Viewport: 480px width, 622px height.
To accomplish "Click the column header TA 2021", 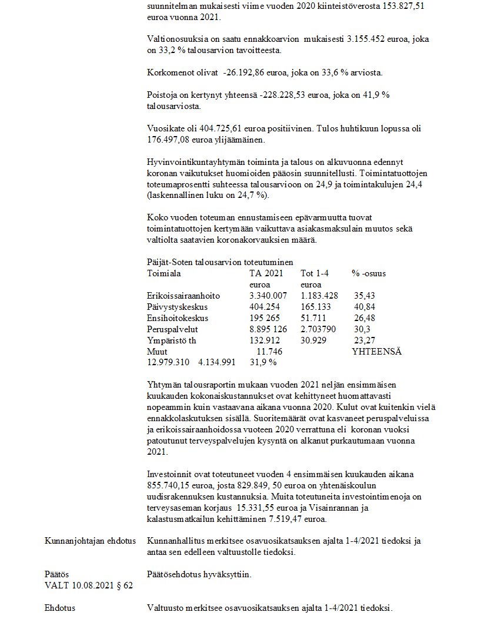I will pos(266,273).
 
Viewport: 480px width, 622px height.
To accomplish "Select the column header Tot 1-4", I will pos(316,273).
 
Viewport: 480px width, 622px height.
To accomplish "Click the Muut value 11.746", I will pos(269,352).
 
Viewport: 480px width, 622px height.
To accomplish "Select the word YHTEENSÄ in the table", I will pos(376,352).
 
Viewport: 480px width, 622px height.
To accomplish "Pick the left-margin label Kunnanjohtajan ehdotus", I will pos(91,541).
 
